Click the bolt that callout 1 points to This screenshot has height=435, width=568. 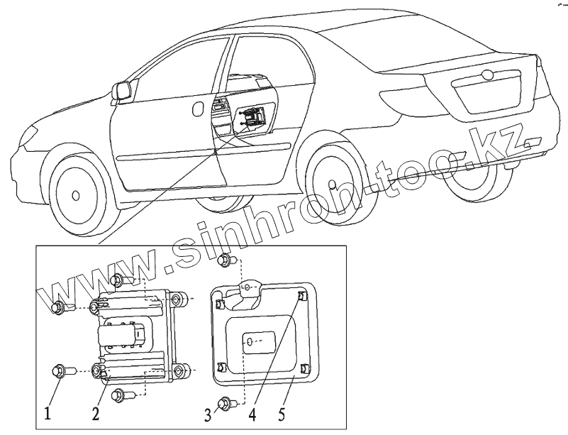(60, 370)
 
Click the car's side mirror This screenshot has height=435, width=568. (122, 91)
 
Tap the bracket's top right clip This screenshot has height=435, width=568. (301, 295)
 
